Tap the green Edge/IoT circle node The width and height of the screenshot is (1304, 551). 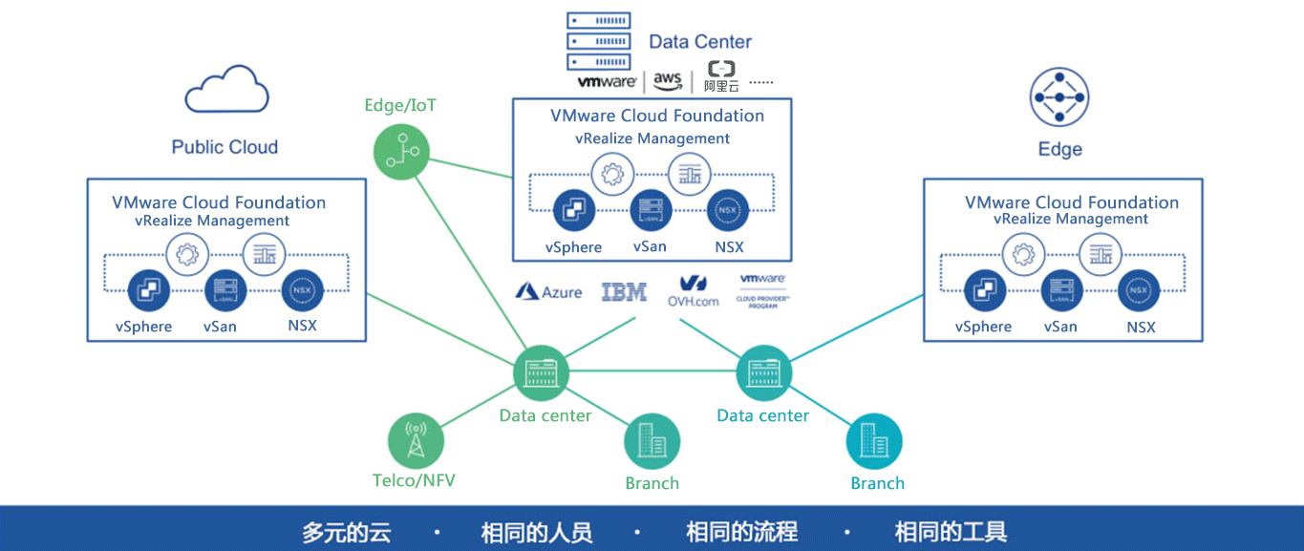pos(400,153)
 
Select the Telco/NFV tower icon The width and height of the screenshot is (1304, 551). pos(416,441)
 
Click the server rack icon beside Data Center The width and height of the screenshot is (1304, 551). pos(598,41)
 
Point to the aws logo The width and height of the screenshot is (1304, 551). pos(668,80)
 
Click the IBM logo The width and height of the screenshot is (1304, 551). pos(624,292)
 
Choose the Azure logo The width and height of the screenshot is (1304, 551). pos(549,292)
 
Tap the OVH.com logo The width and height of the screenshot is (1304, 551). pos(693,290)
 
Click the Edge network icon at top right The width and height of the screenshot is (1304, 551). pos(1059,97)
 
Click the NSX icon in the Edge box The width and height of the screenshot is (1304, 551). pos(1139,290)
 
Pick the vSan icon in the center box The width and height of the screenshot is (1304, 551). pos(650,210)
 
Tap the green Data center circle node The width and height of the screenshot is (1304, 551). pos(542,372)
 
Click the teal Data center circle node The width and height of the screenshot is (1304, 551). pos(764,372)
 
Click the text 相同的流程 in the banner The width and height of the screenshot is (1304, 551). pos(741,531)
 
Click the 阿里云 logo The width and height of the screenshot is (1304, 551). pos(721,77)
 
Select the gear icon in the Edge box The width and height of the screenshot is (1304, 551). pos(1023,254)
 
